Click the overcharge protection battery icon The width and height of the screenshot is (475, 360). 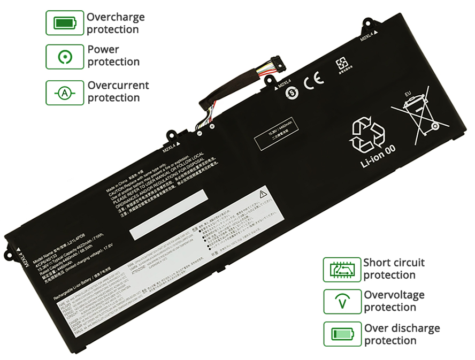(x=65, y=23)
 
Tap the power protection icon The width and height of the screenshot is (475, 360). (x=65, y=56)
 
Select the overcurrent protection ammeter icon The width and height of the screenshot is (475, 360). (x=65, y=93)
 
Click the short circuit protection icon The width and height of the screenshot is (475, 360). (x=342, y=269)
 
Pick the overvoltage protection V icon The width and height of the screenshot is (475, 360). (x=342, y=302)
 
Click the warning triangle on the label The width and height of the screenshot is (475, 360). (x=263, y=194)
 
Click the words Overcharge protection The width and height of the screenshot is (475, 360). (x=116, y=23)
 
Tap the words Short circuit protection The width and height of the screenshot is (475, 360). (x=394, y=269)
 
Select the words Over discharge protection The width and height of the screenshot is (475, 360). (x=402, y=334)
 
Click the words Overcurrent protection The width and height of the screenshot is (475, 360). (x=118, y=91)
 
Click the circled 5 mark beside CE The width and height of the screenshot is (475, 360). (x=292, y=91)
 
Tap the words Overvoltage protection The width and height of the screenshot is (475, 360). (x=394, y=301)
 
